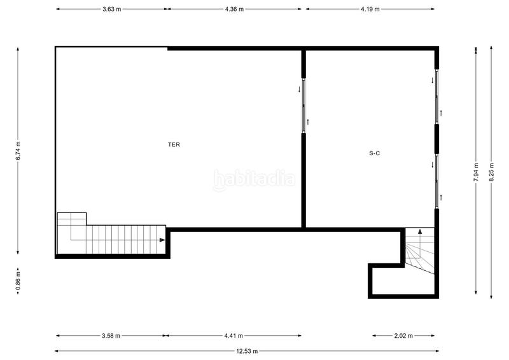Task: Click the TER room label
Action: point(174,144)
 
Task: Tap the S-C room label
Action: point(375,153)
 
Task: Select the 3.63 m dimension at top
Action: point(111,9)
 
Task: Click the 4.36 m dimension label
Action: point(234,9)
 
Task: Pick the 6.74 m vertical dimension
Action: point(18,151)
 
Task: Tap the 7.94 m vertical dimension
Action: point(476,172)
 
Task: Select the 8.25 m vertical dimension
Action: point(491,172)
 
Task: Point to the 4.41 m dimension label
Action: point(234,335)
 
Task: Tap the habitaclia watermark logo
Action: point(254,178)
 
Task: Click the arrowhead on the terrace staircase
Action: point(162,240)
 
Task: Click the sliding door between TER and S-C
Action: point(304,106)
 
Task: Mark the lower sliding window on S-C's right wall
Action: point(437,180)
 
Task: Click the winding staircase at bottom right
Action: point(420,251)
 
